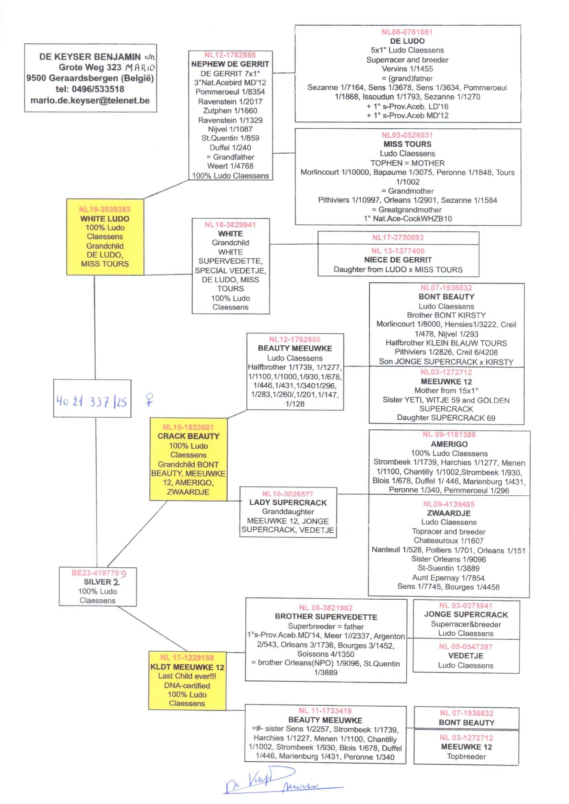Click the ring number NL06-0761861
(407, 32)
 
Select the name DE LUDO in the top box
(407, 41)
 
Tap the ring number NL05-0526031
(407, 135)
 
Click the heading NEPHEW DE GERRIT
(230, 64)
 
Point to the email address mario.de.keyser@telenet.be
(90, 100)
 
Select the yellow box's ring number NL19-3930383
(105, 210)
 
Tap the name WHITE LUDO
(105, 219)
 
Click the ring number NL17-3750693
(398, 237)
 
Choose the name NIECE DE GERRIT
(398, 260)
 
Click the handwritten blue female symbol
(150, 400)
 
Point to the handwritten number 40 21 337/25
(92, 401)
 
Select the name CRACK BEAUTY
(188, 436)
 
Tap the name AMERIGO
(449, 444)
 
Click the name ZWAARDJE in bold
(449, 513)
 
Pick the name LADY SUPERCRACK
(288, 503)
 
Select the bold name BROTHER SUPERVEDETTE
(326, 617)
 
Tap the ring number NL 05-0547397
(465, 647)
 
